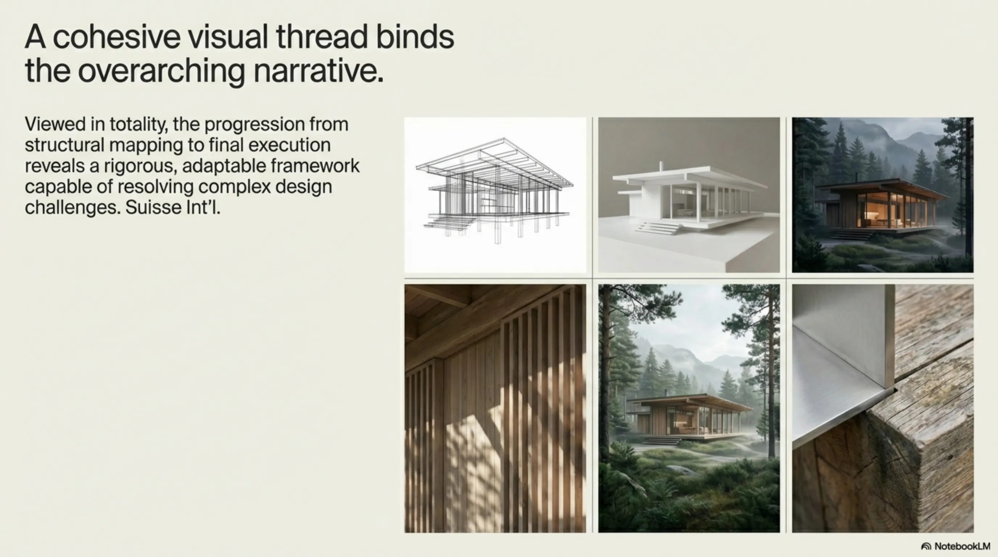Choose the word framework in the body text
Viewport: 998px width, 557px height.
pos(315,165)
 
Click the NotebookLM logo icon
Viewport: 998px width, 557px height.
pos(926,546)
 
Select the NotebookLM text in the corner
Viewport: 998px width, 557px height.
pos(962,546)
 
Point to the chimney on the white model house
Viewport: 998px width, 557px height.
pos(661,167)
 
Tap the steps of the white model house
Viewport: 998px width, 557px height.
pos(657,227)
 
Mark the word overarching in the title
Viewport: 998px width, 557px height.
pos(161,72)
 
